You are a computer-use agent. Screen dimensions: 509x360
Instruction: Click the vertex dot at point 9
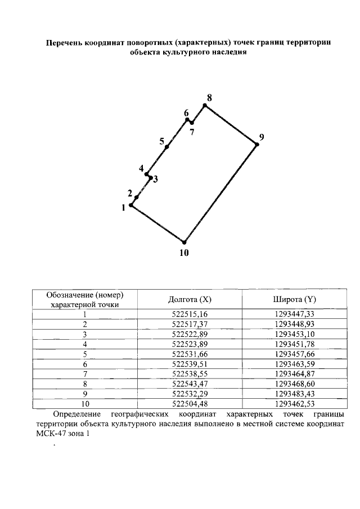click(257, 144)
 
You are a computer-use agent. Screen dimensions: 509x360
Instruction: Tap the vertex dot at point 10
click(184, 242)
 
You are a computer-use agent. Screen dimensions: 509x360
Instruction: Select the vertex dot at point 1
click(131, 205)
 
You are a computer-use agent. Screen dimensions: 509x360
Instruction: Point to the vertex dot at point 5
click(167, 147)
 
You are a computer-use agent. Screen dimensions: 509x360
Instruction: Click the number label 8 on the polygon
click(209, 98)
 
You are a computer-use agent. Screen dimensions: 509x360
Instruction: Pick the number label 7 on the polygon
click(192, 133)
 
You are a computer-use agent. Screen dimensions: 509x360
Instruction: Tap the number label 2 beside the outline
click(130, 193)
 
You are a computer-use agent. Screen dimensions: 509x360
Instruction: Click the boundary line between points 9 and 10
click(220, 193)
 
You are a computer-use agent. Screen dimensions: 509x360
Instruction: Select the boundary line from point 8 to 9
click(231, 124)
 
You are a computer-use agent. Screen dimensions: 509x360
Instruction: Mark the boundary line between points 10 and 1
click(157, 224)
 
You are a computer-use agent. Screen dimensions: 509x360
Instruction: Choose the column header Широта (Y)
click(295, 299)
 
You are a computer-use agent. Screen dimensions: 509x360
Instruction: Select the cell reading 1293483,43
click(295, 394)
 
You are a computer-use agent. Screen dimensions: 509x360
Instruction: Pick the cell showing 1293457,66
click(295, 354)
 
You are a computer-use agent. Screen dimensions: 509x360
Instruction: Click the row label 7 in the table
click(85, 374)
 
